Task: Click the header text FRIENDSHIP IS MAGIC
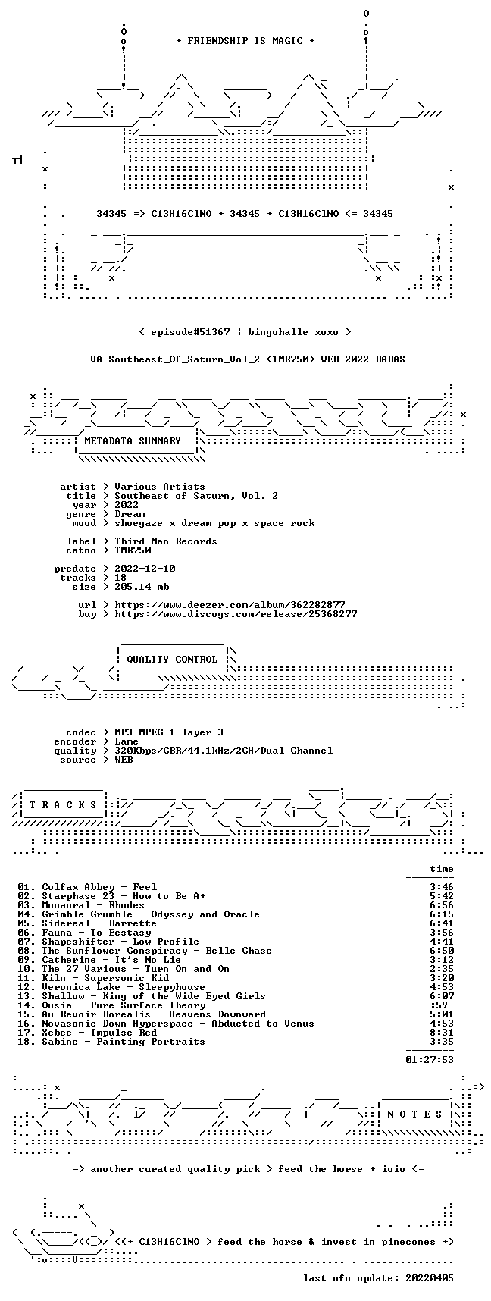245,41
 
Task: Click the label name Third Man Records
166,541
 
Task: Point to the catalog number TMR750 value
133,550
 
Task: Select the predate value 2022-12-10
145,569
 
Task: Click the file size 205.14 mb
142,587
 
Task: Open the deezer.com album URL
230,605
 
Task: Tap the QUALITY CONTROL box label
172,660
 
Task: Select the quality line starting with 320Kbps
224,751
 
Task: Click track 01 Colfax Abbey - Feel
87,887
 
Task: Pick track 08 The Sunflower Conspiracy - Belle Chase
145,951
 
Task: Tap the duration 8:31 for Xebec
442,1033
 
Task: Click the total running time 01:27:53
430,1060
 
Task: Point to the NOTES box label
414,1114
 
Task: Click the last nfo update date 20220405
430,1278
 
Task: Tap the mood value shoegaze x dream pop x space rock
214,523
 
